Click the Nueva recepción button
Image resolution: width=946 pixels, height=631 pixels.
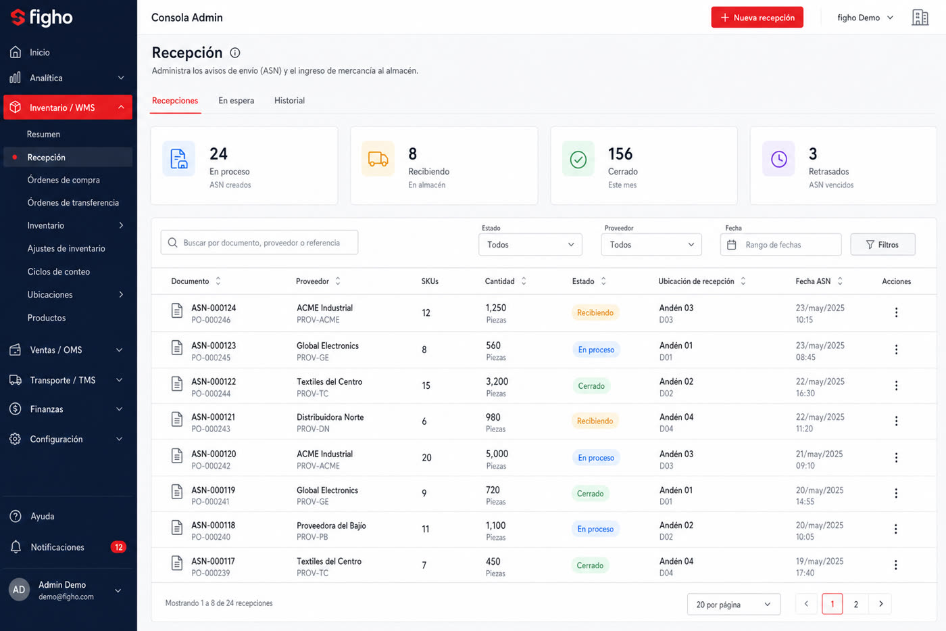(757, 18)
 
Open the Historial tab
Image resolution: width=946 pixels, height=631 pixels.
(289, 101)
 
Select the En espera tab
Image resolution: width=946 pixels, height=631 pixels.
(236, 101)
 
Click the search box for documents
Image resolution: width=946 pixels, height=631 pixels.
(259, 243)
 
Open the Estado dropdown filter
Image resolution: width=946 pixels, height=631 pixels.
(530, 245)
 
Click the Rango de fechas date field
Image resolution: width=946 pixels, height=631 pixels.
(780, 245)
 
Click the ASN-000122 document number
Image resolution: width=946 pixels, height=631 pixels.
(214, 381)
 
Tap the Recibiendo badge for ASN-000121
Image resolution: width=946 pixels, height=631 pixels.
(595, 421)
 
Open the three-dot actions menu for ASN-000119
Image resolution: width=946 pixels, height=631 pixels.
(896, 493)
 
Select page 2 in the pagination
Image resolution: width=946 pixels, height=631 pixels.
(855, 604)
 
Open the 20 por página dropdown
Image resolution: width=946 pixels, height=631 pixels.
(734, 605)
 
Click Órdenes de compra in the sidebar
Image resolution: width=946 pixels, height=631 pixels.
(64, 180)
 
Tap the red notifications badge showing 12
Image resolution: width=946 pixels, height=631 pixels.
(118, 547)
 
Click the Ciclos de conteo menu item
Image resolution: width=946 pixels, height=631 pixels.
(58, 271)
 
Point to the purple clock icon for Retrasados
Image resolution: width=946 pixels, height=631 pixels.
(778, 159)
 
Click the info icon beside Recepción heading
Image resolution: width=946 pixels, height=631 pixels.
(235, 53)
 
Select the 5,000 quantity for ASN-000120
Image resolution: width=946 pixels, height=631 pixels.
(497, 454)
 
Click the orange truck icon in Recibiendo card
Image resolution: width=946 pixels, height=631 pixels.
(378, 159)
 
